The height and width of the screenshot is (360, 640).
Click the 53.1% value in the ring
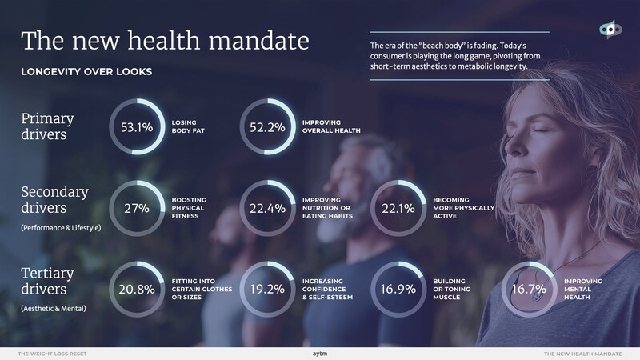click(136, 127)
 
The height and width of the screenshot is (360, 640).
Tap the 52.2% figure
click(268, 127)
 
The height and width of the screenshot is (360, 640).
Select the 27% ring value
click(136, 210)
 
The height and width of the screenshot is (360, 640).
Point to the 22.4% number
click(268, 210)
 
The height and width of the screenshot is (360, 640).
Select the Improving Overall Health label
click(331, 127)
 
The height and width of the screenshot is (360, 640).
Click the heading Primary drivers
click(47, 126)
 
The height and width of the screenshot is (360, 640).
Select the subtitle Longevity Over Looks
click(86, 72)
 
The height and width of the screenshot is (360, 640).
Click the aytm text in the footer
click(320, 352)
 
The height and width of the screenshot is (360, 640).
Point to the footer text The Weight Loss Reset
click(53, 352)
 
